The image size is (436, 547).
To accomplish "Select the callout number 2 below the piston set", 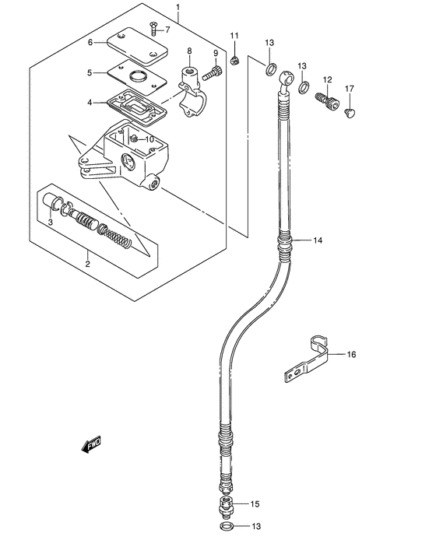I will pyautogui.click(x=87, y=264).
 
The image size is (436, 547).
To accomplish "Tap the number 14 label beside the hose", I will pyautogui.click(x=318, y=240).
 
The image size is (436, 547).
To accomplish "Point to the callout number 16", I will pyautogui.click(x=351, y=354).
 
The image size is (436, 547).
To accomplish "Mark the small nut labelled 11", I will pyautogui.click(x=234, y=60).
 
